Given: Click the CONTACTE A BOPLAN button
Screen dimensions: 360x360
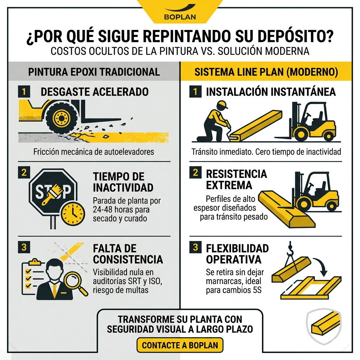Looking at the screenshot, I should [x=180, y=345].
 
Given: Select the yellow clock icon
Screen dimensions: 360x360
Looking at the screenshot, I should [x=73, y=213].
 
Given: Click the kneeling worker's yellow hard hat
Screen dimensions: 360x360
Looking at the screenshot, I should [x=222, y=105].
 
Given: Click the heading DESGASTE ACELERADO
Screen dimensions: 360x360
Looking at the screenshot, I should [x=95, y=92].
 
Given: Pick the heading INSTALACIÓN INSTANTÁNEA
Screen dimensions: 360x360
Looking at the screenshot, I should [x=271, y=92].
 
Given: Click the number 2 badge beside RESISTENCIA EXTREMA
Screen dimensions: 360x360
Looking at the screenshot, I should [x=195, y=173].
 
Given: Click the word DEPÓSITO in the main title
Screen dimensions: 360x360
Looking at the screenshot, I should [x=293, y=37].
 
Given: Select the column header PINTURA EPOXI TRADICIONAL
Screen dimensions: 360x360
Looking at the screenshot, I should [x=94, y=72].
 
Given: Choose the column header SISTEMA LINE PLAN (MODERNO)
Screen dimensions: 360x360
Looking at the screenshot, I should [x=266, y=72].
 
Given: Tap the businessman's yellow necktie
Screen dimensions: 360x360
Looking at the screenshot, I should [x=54, y=289].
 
